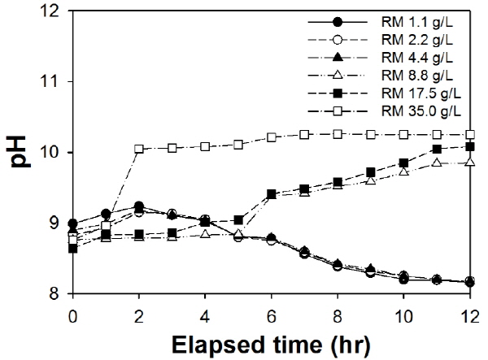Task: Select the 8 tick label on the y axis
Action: (x=59, y=293)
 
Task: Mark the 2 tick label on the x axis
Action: (x=139, y=313)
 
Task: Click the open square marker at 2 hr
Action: (x=139, y=150)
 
